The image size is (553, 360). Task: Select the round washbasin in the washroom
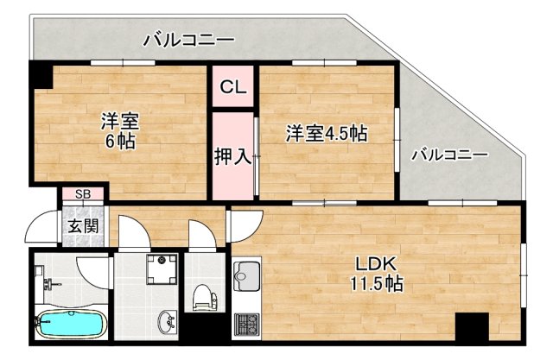pyautogui.click(x=168, y=323)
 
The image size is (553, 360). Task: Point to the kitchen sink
pyautogui.click(x=243, y=277)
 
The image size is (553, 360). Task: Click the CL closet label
pyautogui.click(x=233, y=86)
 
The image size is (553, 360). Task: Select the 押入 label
pyautogui.click(x=233, y=156)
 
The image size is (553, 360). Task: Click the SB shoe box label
pyautogui.click(x=84, y=194)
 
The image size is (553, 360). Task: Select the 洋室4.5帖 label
pyautogui.click(x=327, y=134)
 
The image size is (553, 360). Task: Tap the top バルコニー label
pyautogui.click(x=189, y=39)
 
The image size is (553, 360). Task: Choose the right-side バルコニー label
pyautogui.click(x=448, y=155)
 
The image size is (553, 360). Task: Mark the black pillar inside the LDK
pyautogui.click(x=472, y=326)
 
